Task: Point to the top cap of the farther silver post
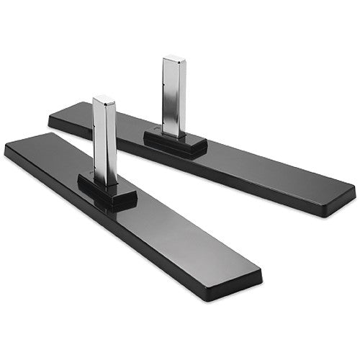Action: coord(174,58)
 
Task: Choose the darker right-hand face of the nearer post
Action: coord(112,144)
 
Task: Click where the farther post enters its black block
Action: coord(174,134)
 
